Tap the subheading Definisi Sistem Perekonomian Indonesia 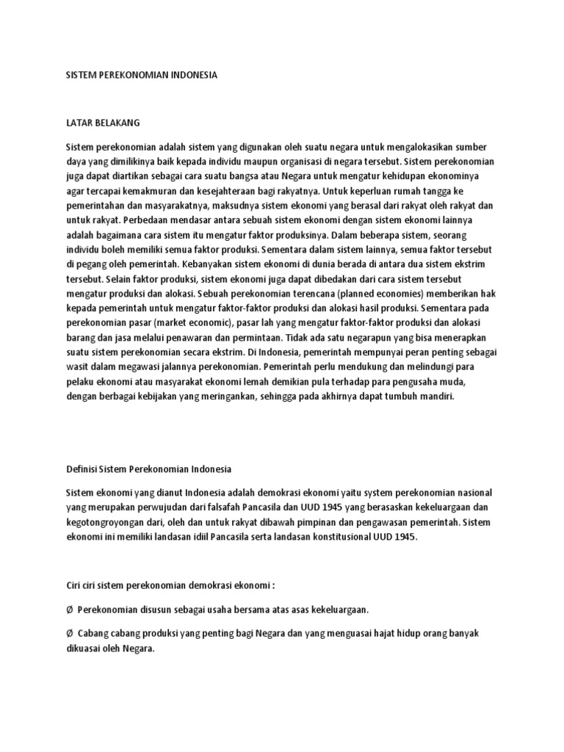[149, 468]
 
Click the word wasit [77, 368]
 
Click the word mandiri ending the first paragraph [438, 396]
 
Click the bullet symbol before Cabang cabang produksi [69, 632]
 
